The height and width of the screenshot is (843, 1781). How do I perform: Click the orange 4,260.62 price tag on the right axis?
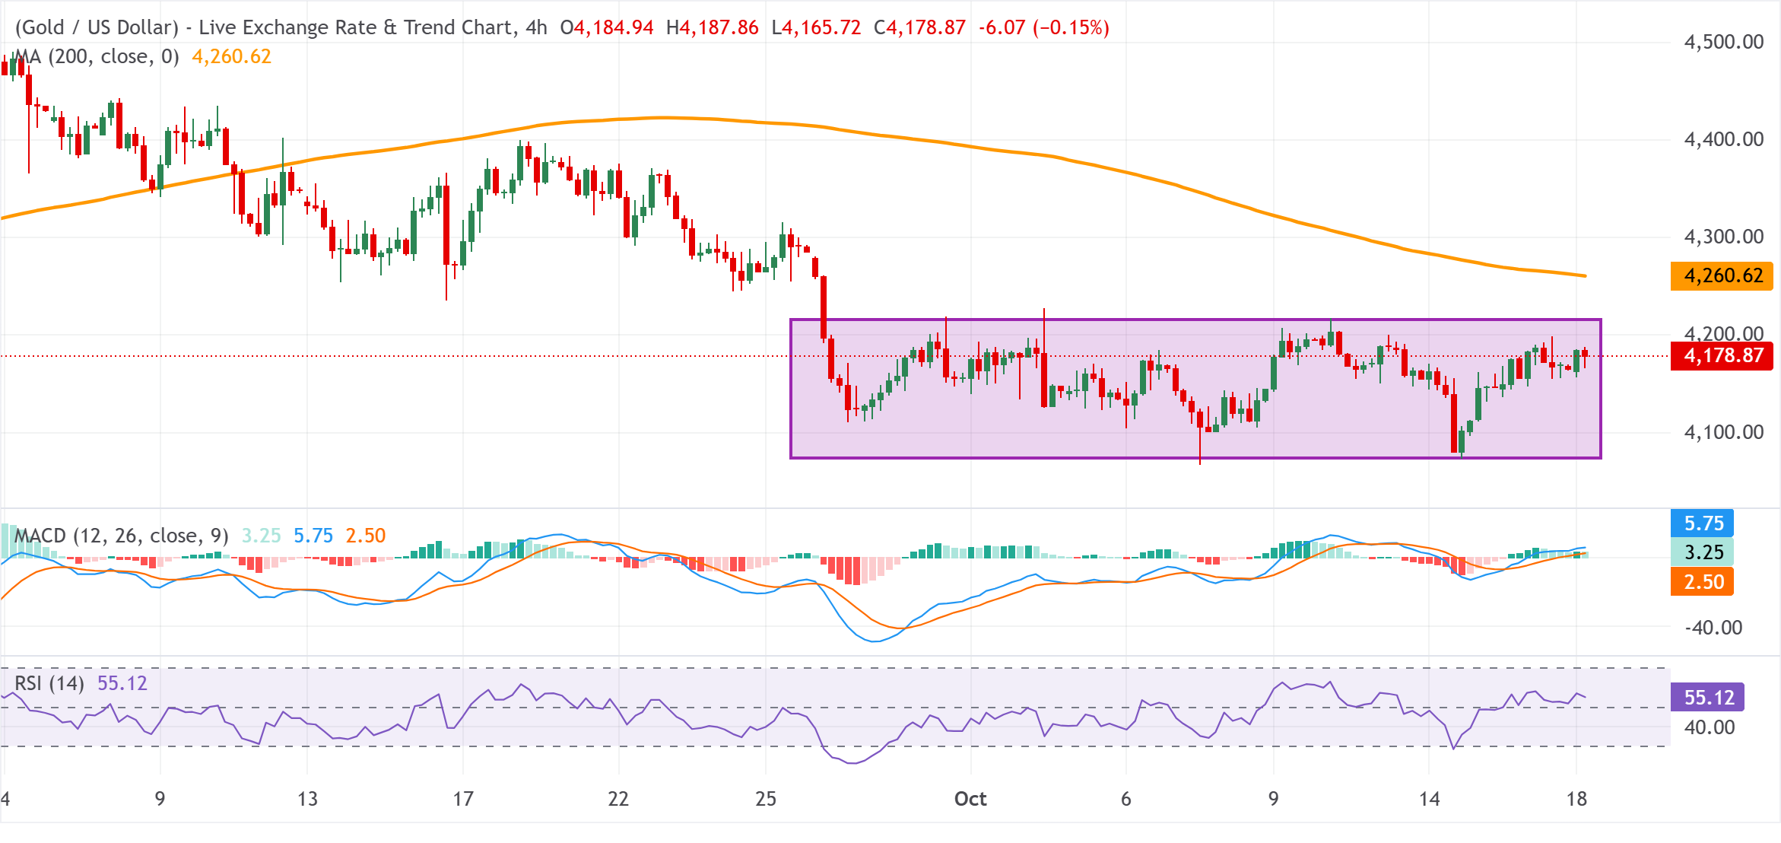pyautogui.click(x=1722, y=275)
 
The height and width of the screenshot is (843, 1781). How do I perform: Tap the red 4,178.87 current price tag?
pyautogui.click(x=1722, y=355)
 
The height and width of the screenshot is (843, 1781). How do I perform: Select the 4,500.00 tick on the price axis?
pyautogui.click(x=1724, y=42)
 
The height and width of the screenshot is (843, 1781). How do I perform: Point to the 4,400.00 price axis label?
pyautogui.click(x=1724, y=139)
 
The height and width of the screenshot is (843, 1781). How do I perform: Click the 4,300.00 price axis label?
pyautogui.click(x=1724, y=237)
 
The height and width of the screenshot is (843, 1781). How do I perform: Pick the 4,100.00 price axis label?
pyautogui.click(x=1724, y=432)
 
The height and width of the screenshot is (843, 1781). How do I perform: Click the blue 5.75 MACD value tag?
pyautogui.click(x=1703, y=523)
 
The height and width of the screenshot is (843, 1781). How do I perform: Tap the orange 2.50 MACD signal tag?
pyautogui.click(x=1703, y=582)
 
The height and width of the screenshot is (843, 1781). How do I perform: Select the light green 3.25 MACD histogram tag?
pyautogui.click(x=1703, y=552)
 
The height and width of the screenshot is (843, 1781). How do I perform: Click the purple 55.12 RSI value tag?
pyautogui.click(x=1708, y=697)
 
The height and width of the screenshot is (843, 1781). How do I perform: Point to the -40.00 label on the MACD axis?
pyautogui.click(x=1713, y=628)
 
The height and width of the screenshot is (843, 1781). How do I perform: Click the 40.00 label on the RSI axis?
pyautogui.click(x=1710, y=727)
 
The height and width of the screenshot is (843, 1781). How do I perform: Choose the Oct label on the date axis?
pyautogui.click(x=970, y=799)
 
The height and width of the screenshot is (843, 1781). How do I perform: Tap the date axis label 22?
pyautogui.click(x=618, y=799)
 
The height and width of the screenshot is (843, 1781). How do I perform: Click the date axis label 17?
pyautogui.click(x=463, y=799)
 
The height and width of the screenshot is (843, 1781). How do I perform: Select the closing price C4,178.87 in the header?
pyautogui.click(x=919, y=27)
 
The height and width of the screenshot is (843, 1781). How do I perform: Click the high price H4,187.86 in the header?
pyautogui.click(x=712, y=27)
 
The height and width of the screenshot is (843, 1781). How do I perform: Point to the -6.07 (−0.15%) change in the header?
pyautogui.click(x=1043, y=27)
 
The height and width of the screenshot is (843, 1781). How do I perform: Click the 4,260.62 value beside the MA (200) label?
pyautogui.click(x=231, y=56)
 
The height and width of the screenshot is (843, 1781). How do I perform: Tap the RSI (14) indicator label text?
pyautogui.click(x=49, y=683)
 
